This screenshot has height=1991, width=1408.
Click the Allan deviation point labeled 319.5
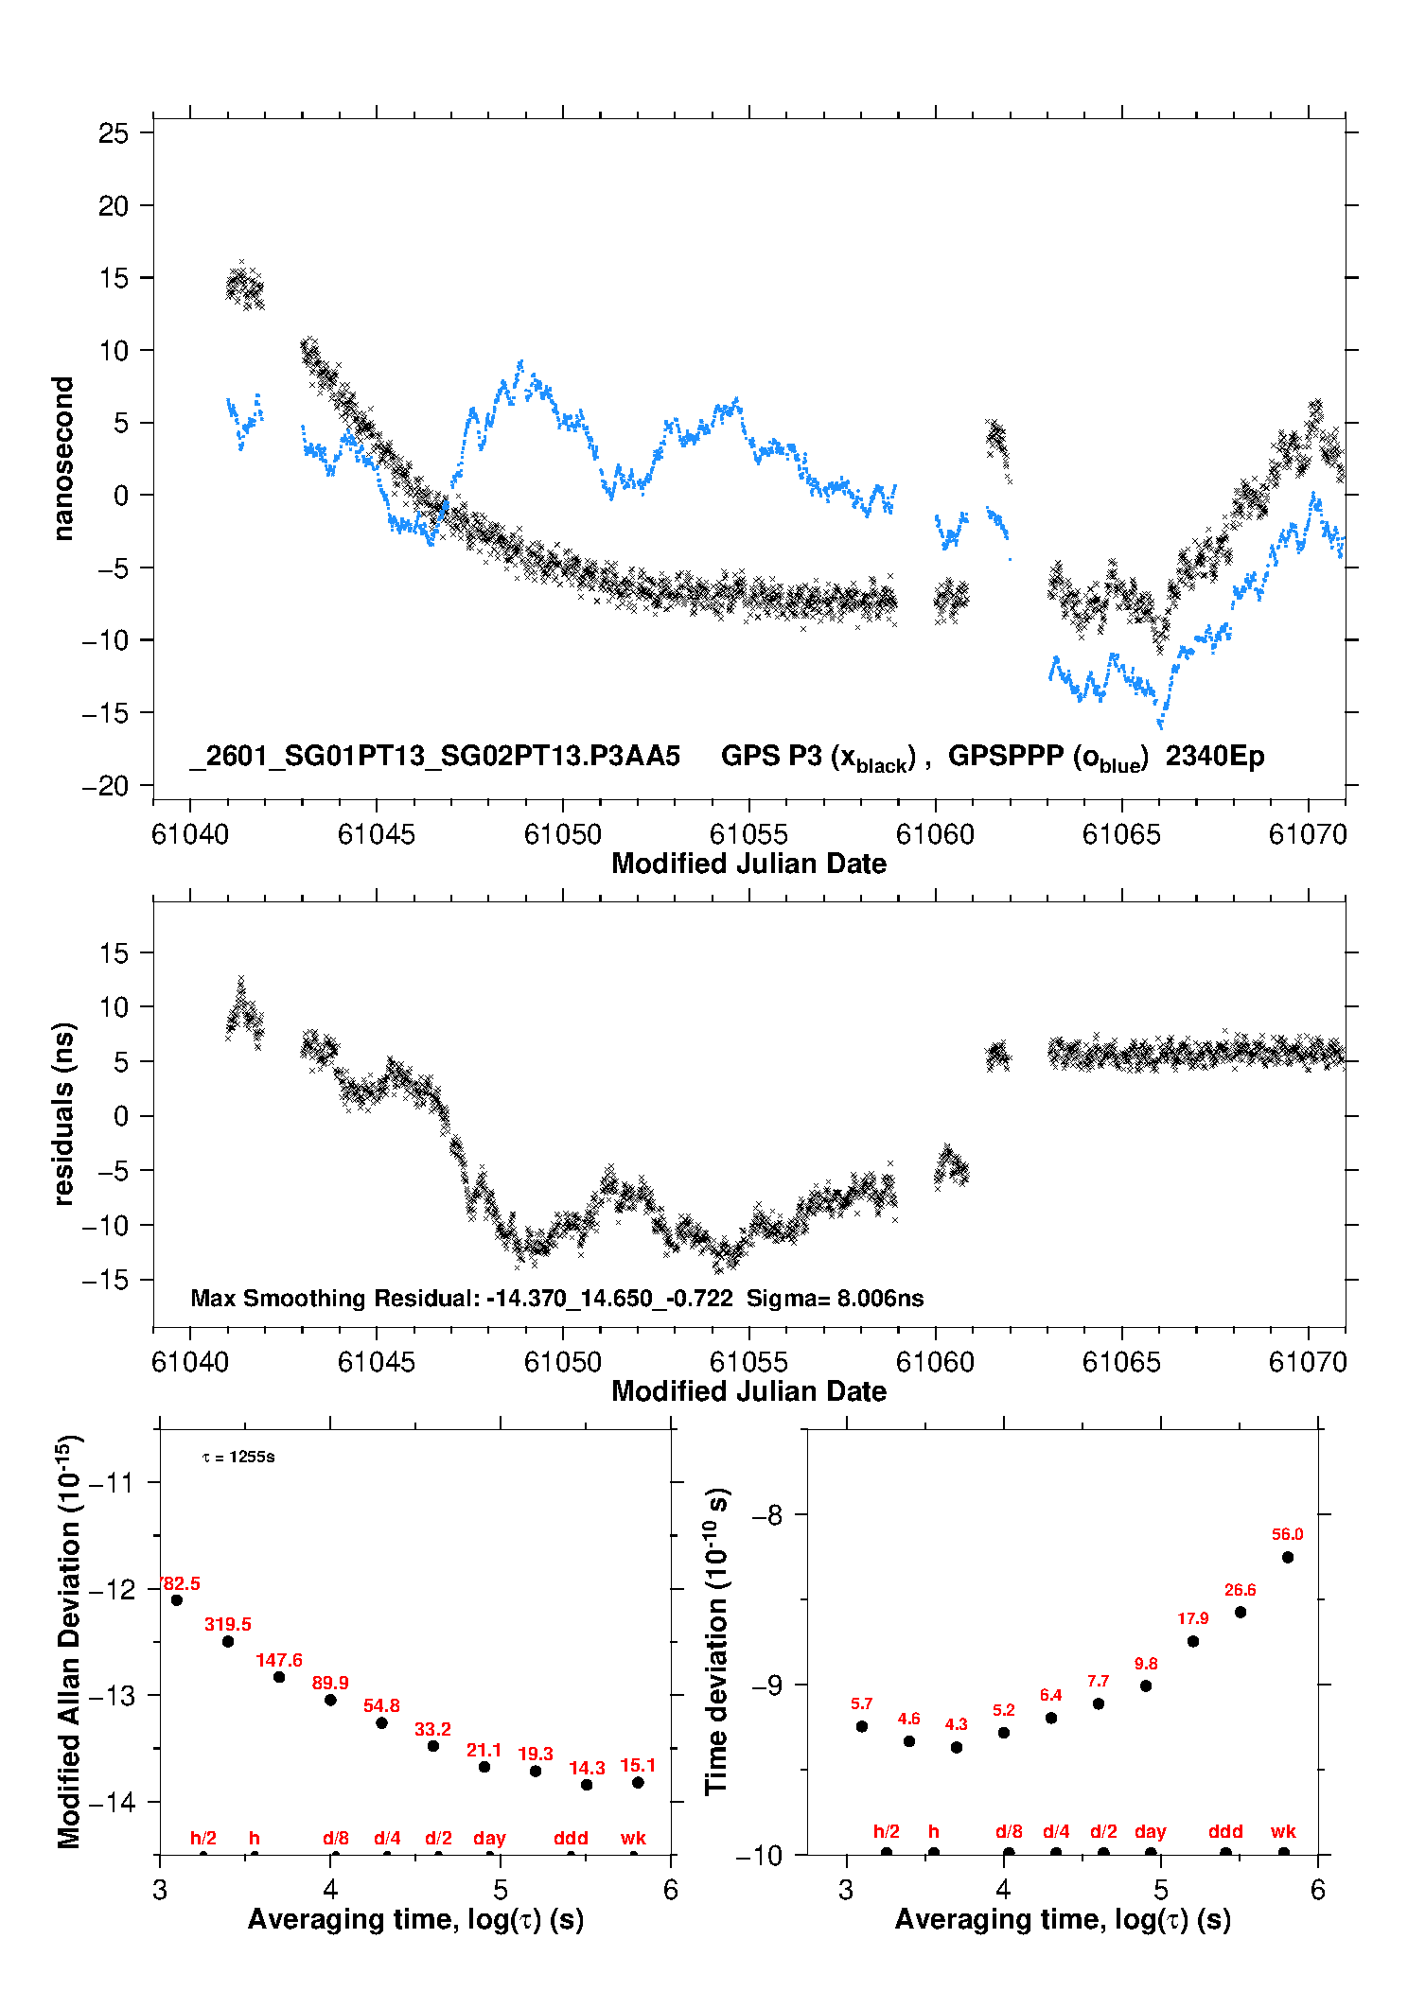point(228,1641)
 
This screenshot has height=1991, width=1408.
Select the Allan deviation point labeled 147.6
point(279,1677)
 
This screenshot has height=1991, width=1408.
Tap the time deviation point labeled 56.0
point(1288,1557)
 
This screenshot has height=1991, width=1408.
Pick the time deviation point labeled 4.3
point(957,1747)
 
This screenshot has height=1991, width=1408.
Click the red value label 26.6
point(1241,1590)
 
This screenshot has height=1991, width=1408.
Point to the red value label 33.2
point(432,1729)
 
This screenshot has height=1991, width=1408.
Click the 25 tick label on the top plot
point(114,133)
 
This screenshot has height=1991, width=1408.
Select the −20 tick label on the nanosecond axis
point(105,786)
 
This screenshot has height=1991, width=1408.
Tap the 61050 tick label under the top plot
point(563,834)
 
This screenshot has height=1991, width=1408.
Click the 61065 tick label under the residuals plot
point(1121,1362)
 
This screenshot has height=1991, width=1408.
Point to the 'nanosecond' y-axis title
point(62,459)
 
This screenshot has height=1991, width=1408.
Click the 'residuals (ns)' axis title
point(62,1113)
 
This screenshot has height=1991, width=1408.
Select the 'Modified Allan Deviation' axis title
point(68,1641)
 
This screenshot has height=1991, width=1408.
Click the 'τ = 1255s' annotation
point(238,1457)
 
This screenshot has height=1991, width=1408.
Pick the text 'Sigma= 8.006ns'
point(835,1298)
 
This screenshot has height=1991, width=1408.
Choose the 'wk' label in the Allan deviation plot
point(633,1838)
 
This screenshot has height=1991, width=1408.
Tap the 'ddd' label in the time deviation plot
point(1225,1831)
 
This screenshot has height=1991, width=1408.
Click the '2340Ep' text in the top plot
point(1215,756)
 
